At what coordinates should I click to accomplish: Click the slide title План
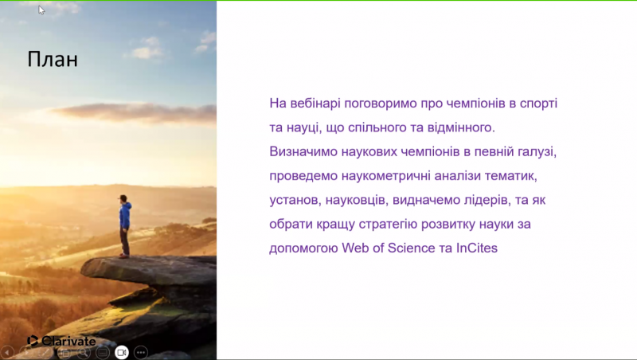pyautogui.click(x=53, y=59)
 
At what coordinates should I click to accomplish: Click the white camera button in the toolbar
pyautogui.click(x=122, y=352)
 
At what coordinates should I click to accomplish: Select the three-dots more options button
pyautogui.click(x=141, y=352)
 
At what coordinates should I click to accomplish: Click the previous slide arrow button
pyautogui.click(x=7, y=352)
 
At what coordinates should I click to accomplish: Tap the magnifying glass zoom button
pyautogui.click(x=84, y=352)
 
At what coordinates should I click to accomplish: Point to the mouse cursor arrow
pyautogui.click(x=41, y=10)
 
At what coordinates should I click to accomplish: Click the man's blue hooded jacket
pyautogui.click(x=125, y=215)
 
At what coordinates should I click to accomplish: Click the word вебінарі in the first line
pyautogui.click(x=315, y=104)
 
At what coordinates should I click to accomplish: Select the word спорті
pyautogui.click(x=539, y=104)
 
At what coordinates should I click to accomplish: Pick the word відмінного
pyautogui.click(x=461, y=127)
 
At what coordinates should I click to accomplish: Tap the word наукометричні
pyautogui.click(x=386, y=176)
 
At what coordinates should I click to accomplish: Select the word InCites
pyautogui.click(x=476, y=248)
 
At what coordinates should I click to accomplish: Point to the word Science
pyautogui.click(x=411, y=248)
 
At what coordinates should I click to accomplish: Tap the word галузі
pyautogui.click(x=537, y=152)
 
